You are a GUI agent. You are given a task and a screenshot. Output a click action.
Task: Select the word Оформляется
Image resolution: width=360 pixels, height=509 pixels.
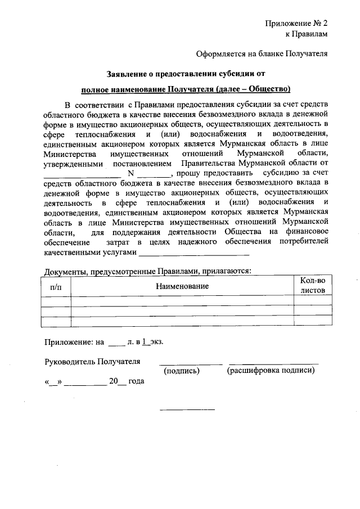[x=219, y=54]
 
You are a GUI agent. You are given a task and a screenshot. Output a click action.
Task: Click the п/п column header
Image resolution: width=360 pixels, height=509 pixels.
[x=56, y=286]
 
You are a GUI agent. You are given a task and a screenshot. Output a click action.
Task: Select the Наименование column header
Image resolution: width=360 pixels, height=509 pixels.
[x=182, y=286]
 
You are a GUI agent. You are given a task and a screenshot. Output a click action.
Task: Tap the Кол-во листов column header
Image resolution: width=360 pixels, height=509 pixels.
[x=313, y=286]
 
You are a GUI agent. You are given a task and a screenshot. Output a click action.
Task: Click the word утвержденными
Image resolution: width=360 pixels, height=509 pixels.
[x=73, y=163]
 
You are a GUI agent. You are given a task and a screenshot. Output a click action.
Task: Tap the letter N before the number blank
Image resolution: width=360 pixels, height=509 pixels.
[x=131, y=173]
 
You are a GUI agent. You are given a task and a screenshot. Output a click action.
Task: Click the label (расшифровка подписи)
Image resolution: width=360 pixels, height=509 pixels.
[x=271, y=371]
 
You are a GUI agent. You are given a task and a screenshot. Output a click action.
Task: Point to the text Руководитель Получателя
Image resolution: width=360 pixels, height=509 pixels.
[x=92, y=361]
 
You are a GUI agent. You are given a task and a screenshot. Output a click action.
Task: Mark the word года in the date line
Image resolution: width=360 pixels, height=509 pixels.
[x=137, y=381]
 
